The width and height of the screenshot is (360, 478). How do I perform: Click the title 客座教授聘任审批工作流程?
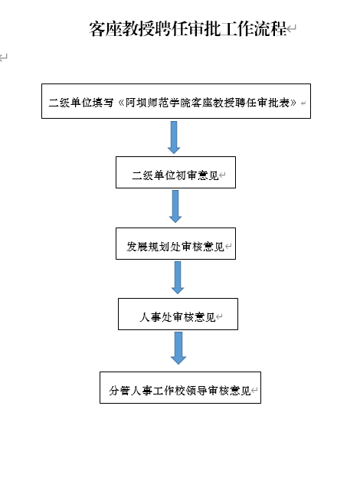click(x=188, y=29)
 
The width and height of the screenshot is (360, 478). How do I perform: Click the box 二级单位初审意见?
click(x=175, y=172)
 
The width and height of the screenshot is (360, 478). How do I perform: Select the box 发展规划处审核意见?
click(x=175, y=244)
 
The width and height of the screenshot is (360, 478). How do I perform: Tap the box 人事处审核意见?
click(x=178, y=314)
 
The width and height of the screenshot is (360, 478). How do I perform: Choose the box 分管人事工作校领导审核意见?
click(x=180, y=388)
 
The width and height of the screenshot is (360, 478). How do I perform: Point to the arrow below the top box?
click(x=174, y=137)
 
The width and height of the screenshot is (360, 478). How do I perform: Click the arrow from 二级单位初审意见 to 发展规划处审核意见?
click(x=175, y=206)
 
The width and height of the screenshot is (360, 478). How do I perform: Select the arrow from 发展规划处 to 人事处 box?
click(x=178, y=277)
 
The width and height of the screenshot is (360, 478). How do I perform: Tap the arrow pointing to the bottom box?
click(x=178, y=348)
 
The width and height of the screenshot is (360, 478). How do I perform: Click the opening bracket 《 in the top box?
click(x=121, y=103)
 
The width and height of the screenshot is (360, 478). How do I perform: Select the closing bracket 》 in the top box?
click(x=293, y=103)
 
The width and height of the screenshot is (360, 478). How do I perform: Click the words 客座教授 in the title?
click(x=122, y=29)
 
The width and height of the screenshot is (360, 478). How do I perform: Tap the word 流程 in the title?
click(x=270, y=29)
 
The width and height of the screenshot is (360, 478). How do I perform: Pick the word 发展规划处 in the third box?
click(x=154, y=247)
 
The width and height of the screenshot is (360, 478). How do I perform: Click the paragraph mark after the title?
click(x=292, y=29)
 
